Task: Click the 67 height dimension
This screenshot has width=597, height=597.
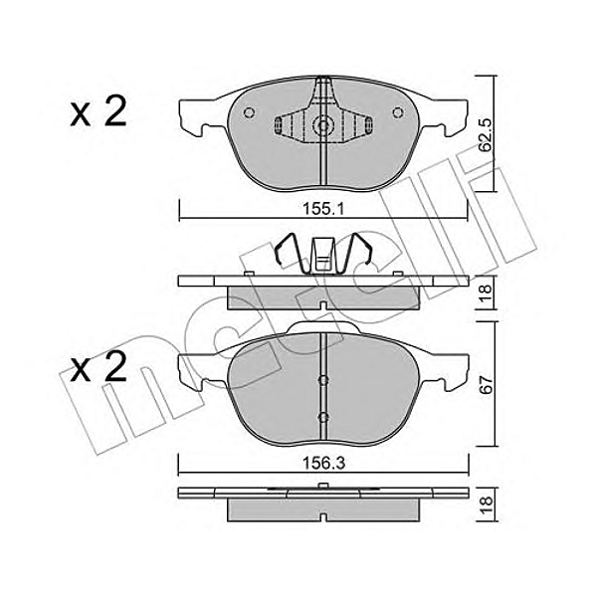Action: (x=485, y=386)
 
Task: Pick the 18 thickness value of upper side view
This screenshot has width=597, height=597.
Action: (x=485, y=291)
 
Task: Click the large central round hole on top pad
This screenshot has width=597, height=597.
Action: (x=322, y=126)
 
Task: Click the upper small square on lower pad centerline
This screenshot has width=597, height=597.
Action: (x=322, y=379)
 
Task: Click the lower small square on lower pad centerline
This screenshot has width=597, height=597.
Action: (x=322, y=416)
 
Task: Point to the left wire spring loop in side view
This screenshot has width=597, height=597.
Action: (x=288, y=254)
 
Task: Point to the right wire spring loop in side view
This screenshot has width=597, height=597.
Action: (x=357, y=254)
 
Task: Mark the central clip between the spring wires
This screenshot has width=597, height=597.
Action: (x=322, y=256)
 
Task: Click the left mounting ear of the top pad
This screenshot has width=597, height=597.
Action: (x=191, y=117)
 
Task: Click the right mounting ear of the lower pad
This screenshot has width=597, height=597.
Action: (x=455, y=372)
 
